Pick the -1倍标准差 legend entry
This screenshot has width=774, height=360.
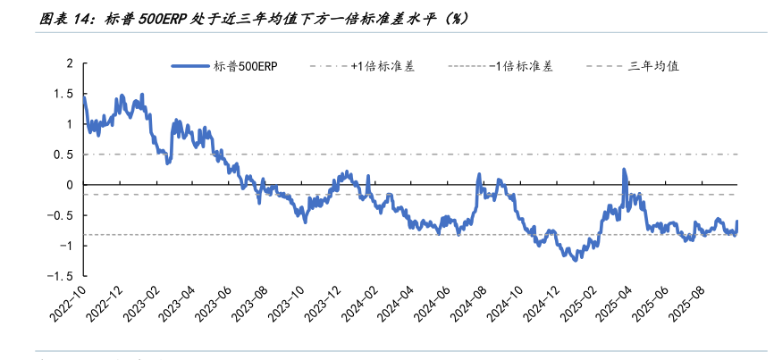(521, 66)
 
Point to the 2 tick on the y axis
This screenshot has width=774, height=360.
(69, 63)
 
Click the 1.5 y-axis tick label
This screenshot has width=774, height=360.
(63, 94)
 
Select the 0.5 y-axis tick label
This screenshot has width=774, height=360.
(63, 155)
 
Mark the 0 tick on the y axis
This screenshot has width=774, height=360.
(69, 185)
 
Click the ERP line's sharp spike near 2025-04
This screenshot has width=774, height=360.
(624, 170)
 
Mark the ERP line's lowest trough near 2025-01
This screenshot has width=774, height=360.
(574, 260)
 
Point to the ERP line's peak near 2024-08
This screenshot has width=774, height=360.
(479, 174)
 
